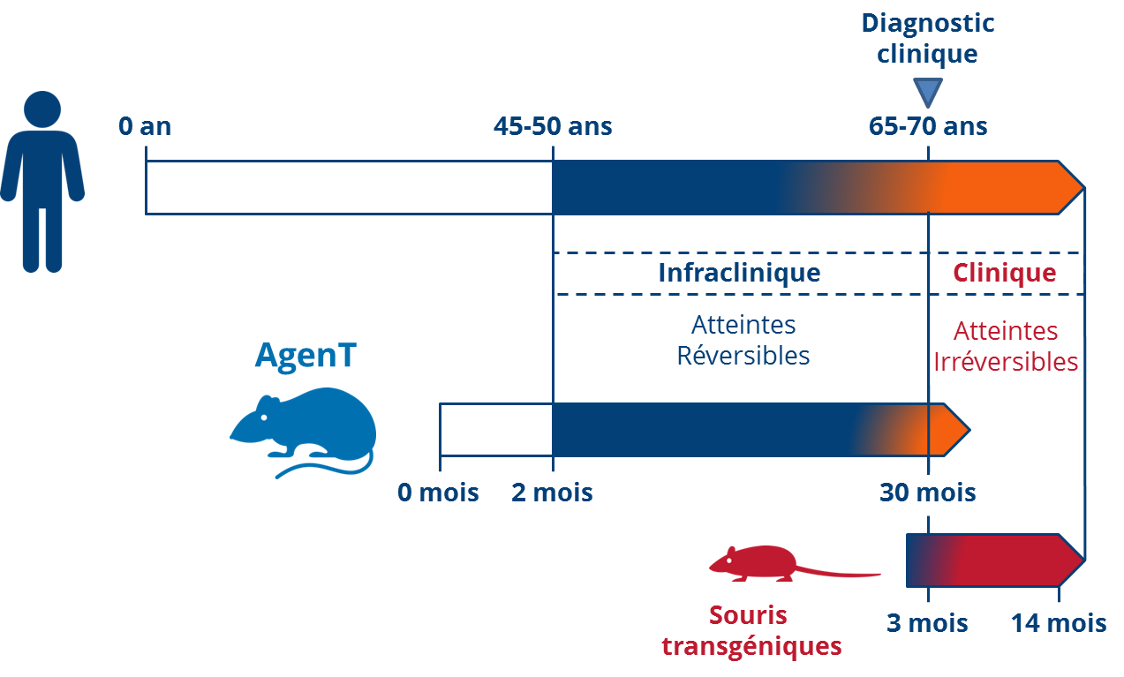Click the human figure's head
(x=42, y=109)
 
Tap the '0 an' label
(x=146, y=126)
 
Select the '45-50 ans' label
(x=553, y=126)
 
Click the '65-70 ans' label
(x=928, y=126)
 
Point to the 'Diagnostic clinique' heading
(x=928, y=38)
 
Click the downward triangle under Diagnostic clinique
(x=928, y=92)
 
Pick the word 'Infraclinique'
(x=739, y=273)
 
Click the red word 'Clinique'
(x=1004, y=273)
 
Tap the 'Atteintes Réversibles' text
(x=743, y=340)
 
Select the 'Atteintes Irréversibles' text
(x=1006, y=346)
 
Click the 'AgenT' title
(x=306, y=355)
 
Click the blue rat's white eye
(x=263, y=417)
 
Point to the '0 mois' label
(x=438, y=492)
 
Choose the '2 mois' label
(x=552, y=492)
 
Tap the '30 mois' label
(x=928, y=492)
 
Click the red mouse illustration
(x=759, y=563)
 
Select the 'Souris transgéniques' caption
(x=751, y=630)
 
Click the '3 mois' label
(x=927, y=623)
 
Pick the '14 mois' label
(x=1059, y=623)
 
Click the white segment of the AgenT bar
(x=495, y=430)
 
